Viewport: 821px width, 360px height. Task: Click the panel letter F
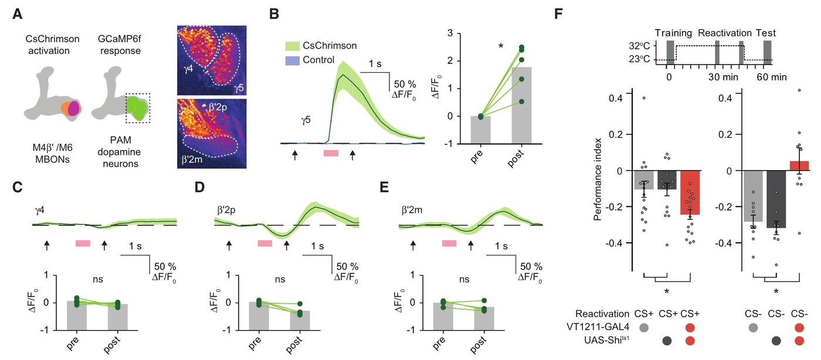(558, 13)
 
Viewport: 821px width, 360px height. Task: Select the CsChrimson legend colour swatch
(292, 46)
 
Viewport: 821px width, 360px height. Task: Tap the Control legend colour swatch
(292, 60)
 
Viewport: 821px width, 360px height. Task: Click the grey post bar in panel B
(521, 105)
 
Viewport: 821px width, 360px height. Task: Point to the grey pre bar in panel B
(480, 130)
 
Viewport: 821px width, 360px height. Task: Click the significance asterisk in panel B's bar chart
(501, 46)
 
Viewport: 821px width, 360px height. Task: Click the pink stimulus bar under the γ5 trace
(331, 153)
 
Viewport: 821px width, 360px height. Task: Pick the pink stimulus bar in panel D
(265, 243)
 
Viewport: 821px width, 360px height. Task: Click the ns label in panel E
(464, 279)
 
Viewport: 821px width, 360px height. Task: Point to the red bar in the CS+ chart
(690, 192)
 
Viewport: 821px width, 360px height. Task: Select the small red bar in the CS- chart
(799, 166)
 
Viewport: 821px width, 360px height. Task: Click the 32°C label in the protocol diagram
(639, 46)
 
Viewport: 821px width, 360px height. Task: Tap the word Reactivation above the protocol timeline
(725, 33)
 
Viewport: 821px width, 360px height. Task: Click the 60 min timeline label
(772, 77)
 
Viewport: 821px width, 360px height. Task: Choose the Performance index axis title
(598, 179)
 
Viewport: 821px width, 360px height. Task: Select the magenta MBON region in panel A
(74, 109)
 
